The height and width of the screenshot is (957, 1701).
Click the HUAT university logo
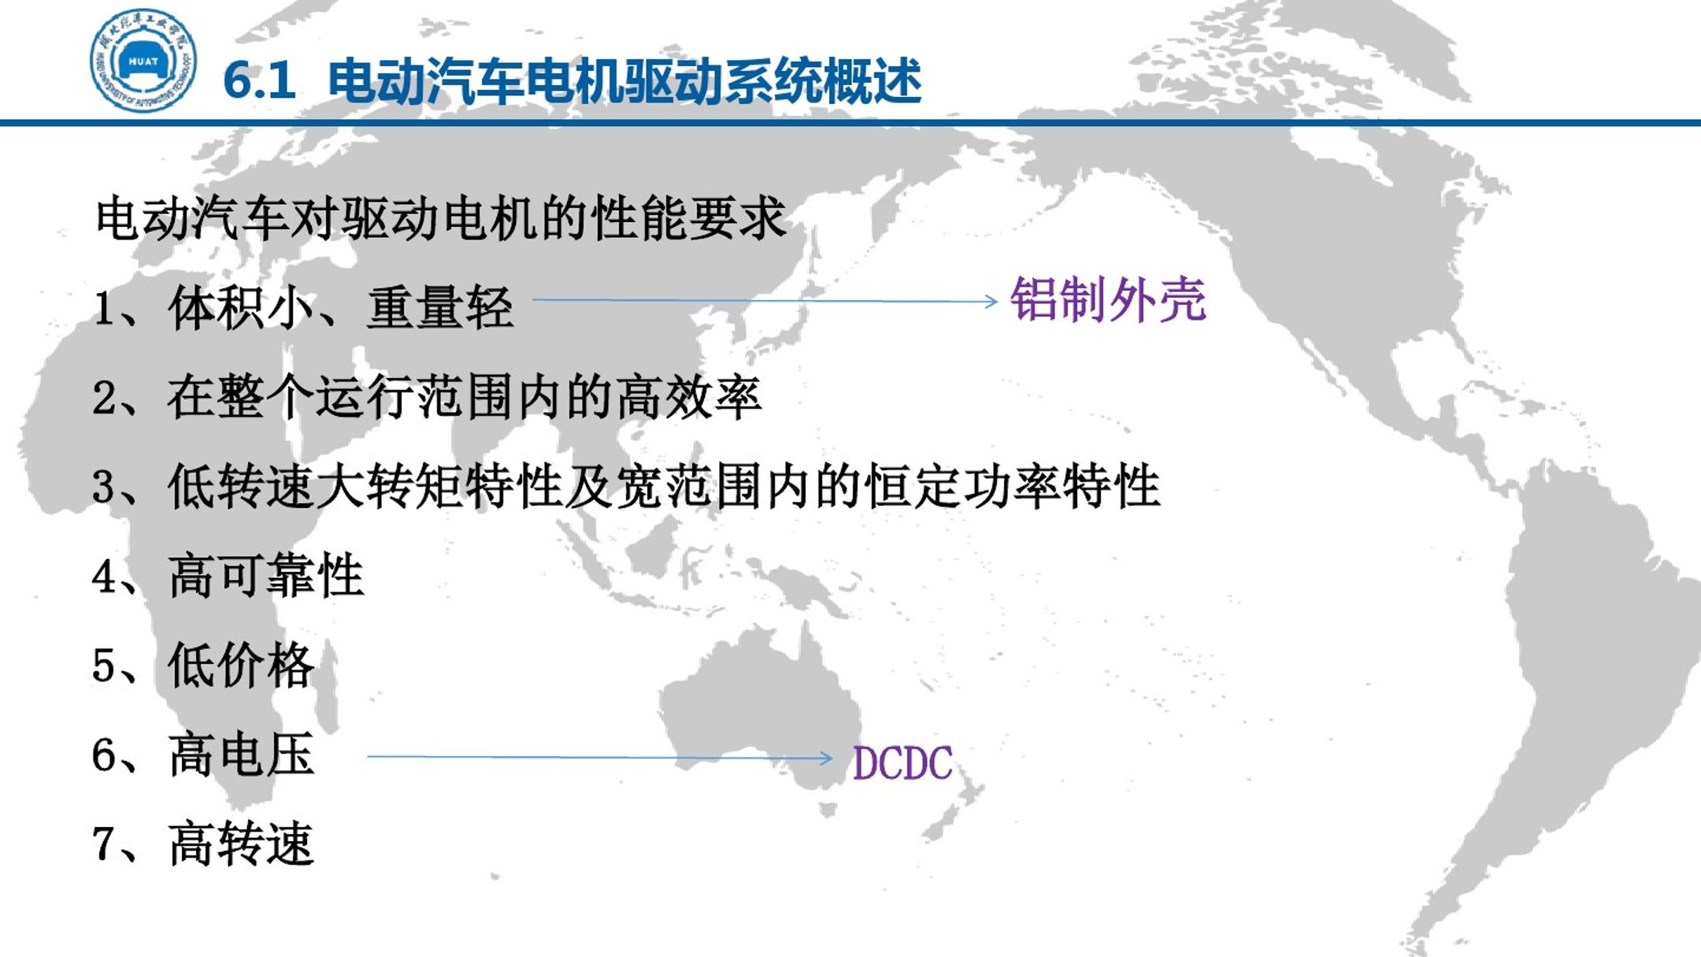tap(143, 61)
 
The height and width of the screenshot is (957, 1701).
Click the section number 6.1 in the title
tap(259, 80)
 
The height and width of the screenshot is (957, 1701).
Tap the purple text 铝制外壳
tap(1108, 300)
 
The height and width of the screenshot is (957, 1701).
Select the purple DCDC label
tap(902, 763)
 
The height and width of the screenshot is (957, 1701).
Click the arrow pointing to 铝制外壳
tap(765, 300)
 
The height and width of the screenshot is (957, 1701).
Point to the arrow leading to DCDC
tap(600, 758)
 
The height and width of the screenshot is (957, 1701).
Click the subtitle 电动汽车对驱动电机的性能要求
tap(441, 218)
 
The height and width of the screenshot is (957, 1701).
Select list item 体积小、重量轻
tap(341, 307)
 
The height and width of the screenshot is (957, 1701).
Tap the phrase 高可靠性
tap(266, 576)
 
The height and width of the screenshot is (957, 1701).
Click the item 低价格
tap(241, 665)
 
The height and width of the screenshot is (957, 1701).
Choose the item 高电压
tap(241, 755)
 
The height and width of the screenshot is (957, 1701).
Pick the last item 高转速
tap(241, 844)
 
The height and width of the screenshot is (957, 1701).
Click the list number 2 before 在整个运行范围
tap(104, 398)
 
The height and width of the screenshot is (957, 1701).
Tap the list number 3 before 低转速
tap(104, 487)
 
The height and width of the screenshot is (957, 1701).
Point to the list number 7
tap(104, 844)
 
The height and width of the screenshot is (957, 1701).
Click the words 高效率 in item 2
tap(688, 397)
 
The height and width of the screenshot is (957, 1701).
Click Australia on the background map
tap(760, 709)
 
